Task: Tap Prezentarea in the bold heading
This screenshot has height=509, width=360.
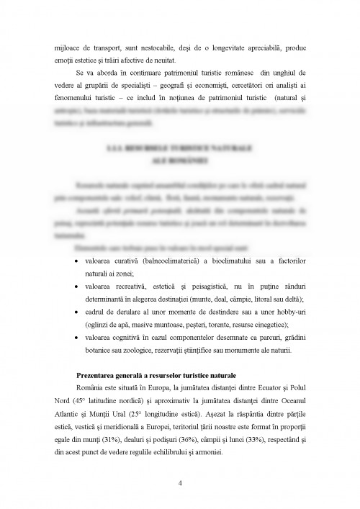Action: (99, 377)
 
